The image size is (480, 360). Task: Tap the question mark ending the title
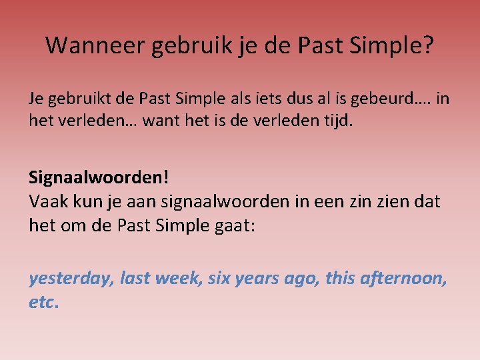(429, 45)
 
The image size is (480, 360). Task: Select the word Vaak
(47, 201)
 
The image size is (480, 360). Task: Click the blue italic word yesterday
(71, 279)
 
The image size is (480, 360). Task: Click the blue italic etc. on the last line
(43, 302)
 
